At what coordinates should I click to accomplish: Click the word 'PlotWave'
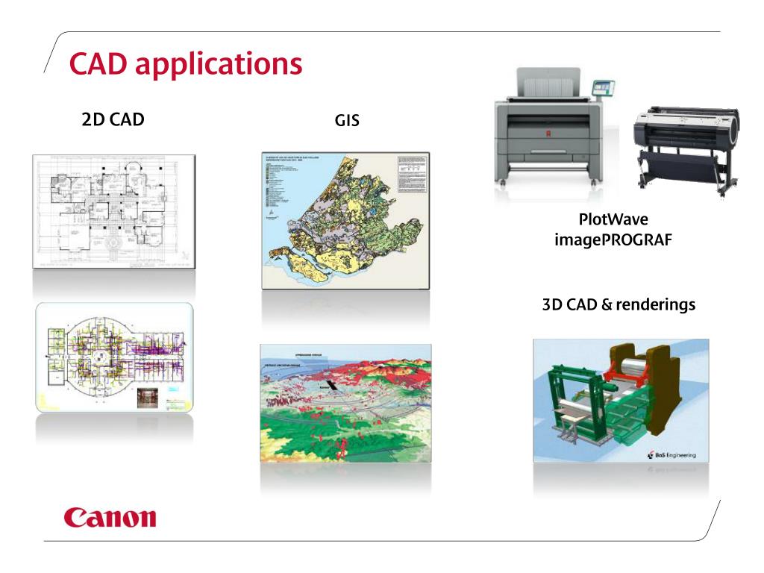tap(611, 222)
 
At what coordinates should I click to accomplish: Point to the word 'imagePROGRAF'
tap(611, 242)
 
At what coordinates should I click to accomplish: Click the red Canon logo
tap(110, 517)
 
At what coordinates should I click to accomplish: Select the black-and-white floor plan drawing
tap(113, 211)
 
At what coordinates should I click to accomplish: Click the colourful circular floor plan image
tap(113, 357)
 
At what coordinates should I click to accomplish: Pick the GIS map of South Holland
tap(345, 220)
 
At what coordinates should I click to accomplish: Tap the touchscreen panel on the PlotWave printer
tap(605, 87)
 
